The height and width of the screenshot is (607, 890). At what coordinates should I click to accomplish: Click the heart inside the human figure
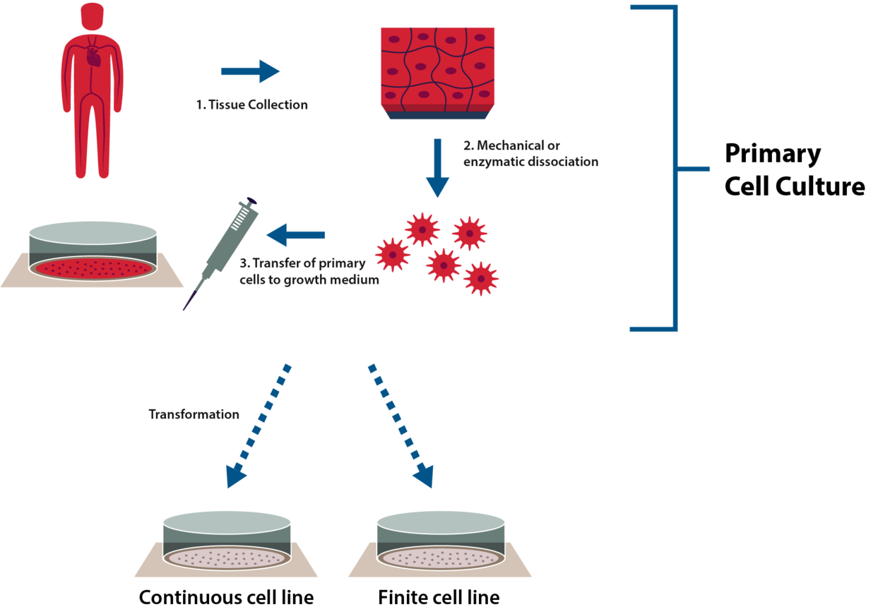click(x=94, y=56)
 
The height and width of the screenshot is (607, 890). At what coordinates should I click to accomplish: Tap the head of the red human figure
click(x=93, y=16)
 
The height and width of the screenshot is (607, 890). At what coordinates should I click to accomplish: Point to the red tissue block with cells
click(x=437, y=66)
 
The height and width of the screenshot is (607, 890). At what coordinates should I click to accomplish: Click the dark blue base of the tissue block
click(x=437, y=115)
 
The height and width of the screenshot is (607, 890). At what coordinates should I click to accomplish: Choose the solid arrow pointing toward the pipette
click(x=296, y=235)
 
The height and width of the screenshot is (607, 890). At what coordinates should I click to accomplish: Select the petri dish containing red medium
click(x=93, y=253)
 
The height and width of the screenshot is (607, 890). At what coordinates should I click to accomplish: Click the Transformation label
click(x=194, y=414)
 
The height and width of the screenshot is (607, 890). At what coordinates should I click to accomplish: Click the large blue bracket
click(x=676, y=168)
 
